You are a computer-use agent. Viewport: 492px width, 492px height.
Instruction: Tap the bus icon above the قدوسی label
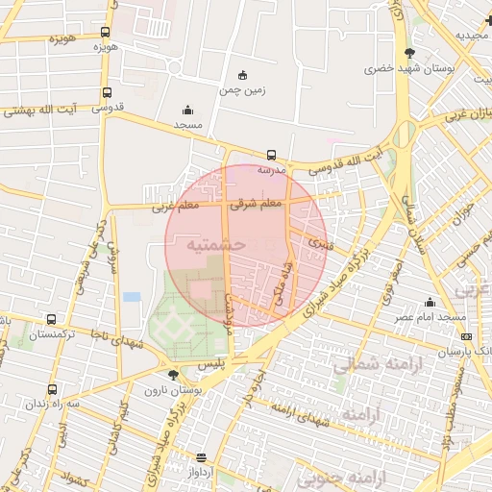[x=106, y=93]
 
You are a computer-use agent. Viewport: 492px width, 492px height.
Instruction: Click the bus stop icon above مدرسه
[x=271, y=154]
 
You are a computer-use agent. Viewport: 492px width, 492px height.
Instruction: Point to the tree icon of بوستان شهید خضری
[x=411, y=53]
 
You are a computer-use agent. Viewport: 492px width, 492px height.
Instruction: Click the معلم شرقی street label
[x=258, y=204]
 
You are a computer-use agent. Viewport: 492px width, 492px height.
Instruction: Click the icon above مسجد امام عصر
[x=430, y=302]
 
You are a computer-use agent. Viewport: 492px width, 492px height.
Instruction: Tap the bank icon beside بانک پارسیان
[x=467, y=336]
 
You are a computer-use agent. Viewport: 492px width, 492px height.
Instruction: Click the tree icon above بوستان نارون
[x=173, y=375]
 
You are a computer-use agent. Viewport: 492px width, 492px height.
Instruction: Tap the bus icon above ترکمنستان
[x=50, y=319]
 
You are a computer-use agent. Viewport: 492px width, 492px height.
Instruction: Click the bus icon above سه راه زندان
[x=51, y=390]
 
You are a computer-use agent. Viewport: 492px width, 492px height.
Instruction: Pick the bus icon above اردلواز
[x=201, y=458]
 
